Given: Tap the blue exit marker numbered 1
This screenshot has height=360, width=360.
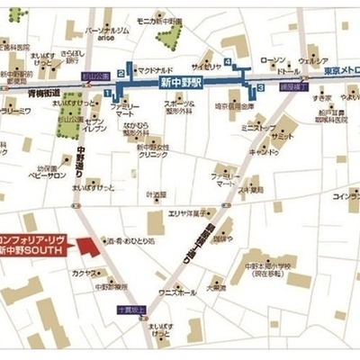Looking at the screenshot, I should point(108,92).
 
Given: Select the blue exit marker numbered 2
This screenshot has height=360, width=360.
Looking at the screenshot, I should point(120,74).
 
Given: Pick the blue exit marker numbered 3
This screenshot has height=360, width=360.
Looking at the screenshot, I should point(260,87).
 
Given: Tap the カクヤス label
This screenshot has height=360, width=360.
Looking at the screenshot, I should point(85,272).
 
